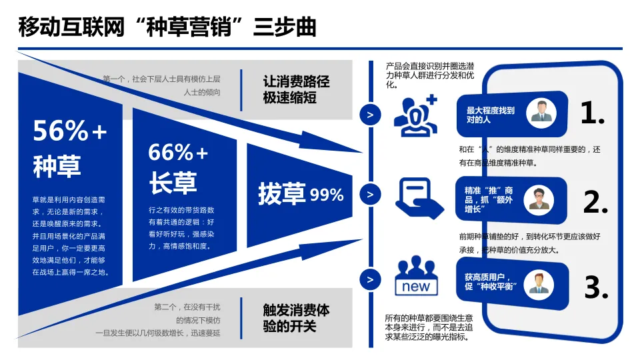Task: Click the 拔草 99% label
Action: pyautogui.click(x=301, y=194)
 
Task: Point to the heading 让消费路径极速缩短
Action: pyautogui.click(x=296, y=90)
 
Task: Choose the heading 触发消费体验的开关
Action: pyautogui.click(x=296, y=318)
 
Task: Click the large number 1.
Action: pyautogui.click(x=592, y=114)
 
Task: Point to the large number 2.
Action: pyautogui.click(x=595, y=201)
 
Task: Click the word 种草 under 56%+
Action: pyautogui.click(x=57, y=166)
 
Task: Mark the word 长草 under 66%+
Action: pyautogui.click(x=173, y=184)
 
